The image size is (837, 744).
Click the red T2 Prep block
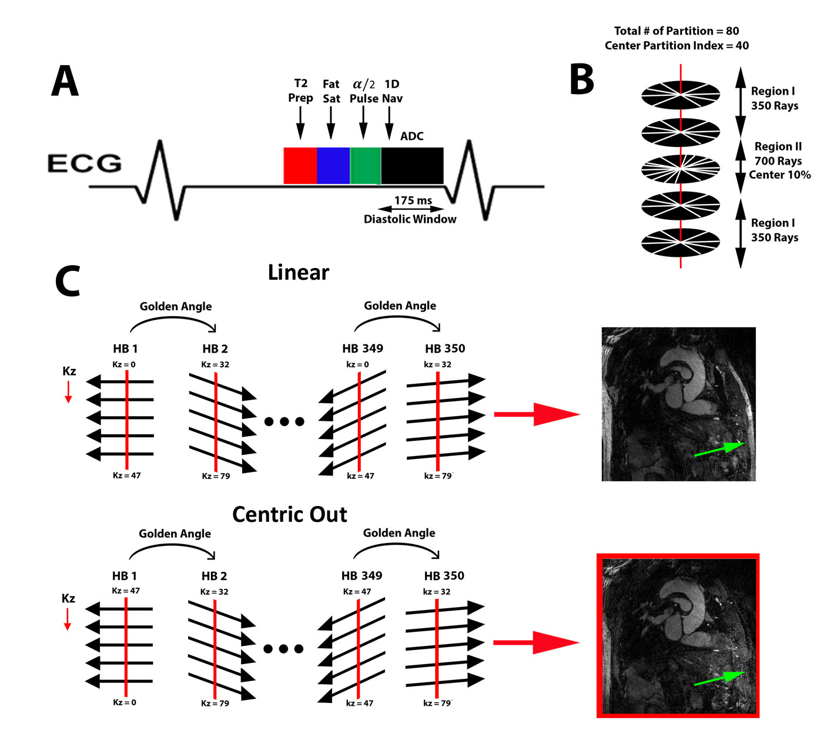coord(300,165)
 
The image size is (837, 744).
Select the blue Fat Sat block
coord(333,165)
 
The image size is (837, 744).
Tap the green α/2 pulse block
coord(365,165)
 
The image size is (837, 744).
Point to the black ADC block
coord(412,165)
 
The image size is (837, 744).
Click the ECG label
coord(85,163)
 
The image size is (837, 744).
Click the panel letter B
coord(581,80)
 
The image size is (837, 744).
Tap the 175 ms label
coord(413,200)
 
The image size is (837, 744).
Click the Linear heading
coord(299,273)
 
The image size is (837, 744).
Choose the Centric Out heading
coord(290,515)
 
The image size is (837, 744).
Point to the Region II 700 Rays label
coord(778,154)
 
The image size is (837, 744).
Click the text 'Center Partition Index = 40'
coord(677,46)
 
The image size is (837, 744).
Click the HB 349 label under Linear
coord(363,348)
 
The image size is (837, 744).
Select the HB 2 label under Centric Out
coord(214,576)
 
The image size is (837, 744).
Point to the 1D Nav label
coord(392,91)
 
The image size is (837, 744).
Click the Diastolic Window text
coord(410,219)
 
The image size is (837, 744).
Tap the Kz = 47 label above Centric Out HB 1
coord(126,591)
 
